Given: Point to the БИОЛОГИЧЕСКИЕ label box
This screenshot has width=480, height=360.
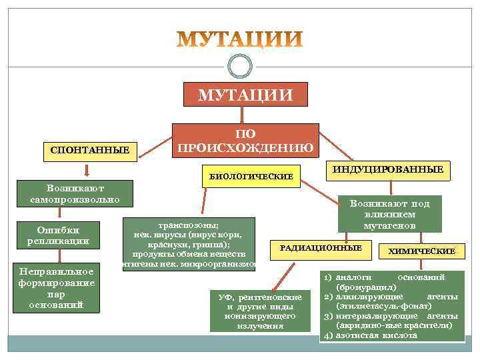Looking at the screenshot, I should click(251, 177).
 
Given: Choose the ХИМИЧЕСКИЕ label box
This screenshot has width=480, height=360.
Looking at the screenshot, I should click(426, 251).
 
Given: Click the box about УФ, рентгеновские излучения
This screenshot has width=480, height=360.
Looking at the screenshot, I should click(259, 311).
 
